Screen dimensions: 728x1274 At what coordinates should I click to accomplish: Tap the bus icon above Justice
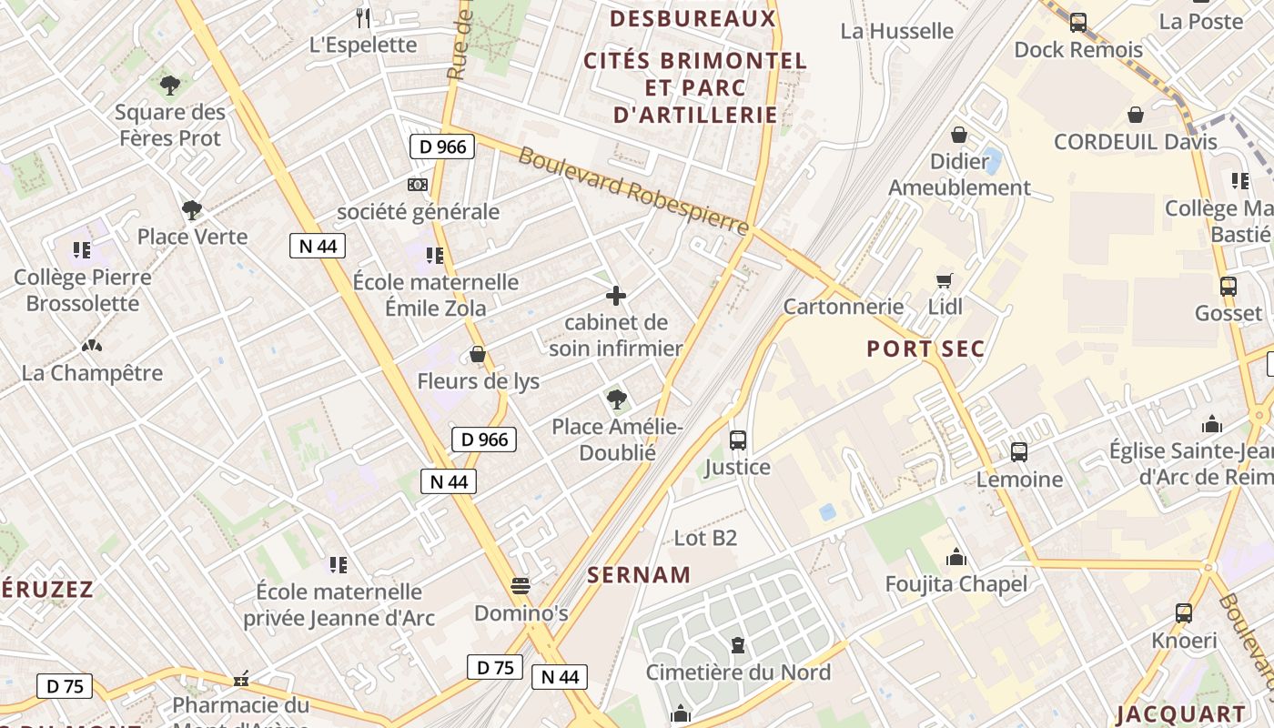(x=738, y=440)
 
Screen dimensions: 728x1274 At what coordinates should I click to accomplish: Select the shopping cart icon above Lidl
(x=945, y=280)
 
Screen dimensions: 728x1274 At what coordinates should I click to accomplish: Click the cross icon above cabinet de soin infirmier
(x=616, y=296)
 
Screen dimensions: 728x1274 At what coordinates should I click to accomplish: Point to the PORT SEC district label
(x=925, y=349)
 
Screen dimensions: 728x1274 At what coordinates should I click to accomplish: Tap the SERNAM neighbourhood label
(x=639, y=575)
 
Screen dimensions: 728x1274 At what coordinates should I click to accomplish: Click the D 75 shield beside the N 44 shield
(x=495, y=667)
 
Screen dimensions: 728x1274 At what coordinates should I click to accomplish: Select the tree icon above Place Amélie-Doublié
(x=616, y=399)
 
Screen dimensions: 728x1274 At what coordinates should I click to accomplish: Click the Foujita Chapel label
(x=956, y=584)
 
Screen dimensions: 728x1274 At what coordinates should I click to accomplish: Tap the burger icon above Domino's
(x=521, y=586)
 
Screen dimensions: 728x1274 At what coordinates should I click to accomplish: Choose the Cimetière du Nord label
(x=738, y=672)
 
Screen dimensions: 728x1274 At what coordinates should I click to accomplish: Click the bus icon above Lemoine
(x=1019, y=451)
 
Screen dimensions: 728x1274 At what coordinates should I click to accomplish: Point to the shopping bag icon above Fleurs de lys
(x=478, y=354)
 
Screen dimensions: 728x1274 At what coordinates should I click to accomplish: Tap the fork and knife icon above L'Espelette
(x=363, y=17)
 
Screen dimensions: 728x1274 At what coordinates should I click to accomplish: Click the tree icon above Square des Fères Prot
(x=169, y=86)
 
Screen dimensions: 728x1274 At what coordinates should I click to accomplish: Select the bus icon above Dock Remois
(x=1078, y=22)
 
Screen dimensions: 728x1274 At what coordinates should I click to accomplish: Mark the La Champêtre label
(x=92, y=373)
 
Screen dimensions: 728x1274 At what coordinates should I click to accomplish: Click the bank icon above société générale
(x=418, y=185)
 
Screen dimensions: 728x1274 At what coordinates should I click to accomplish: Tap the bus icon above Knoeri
(x=1184, y=613)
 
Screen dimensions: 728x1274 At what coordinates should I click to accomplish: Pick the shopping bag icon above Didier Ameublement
(x=959, y=136)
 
